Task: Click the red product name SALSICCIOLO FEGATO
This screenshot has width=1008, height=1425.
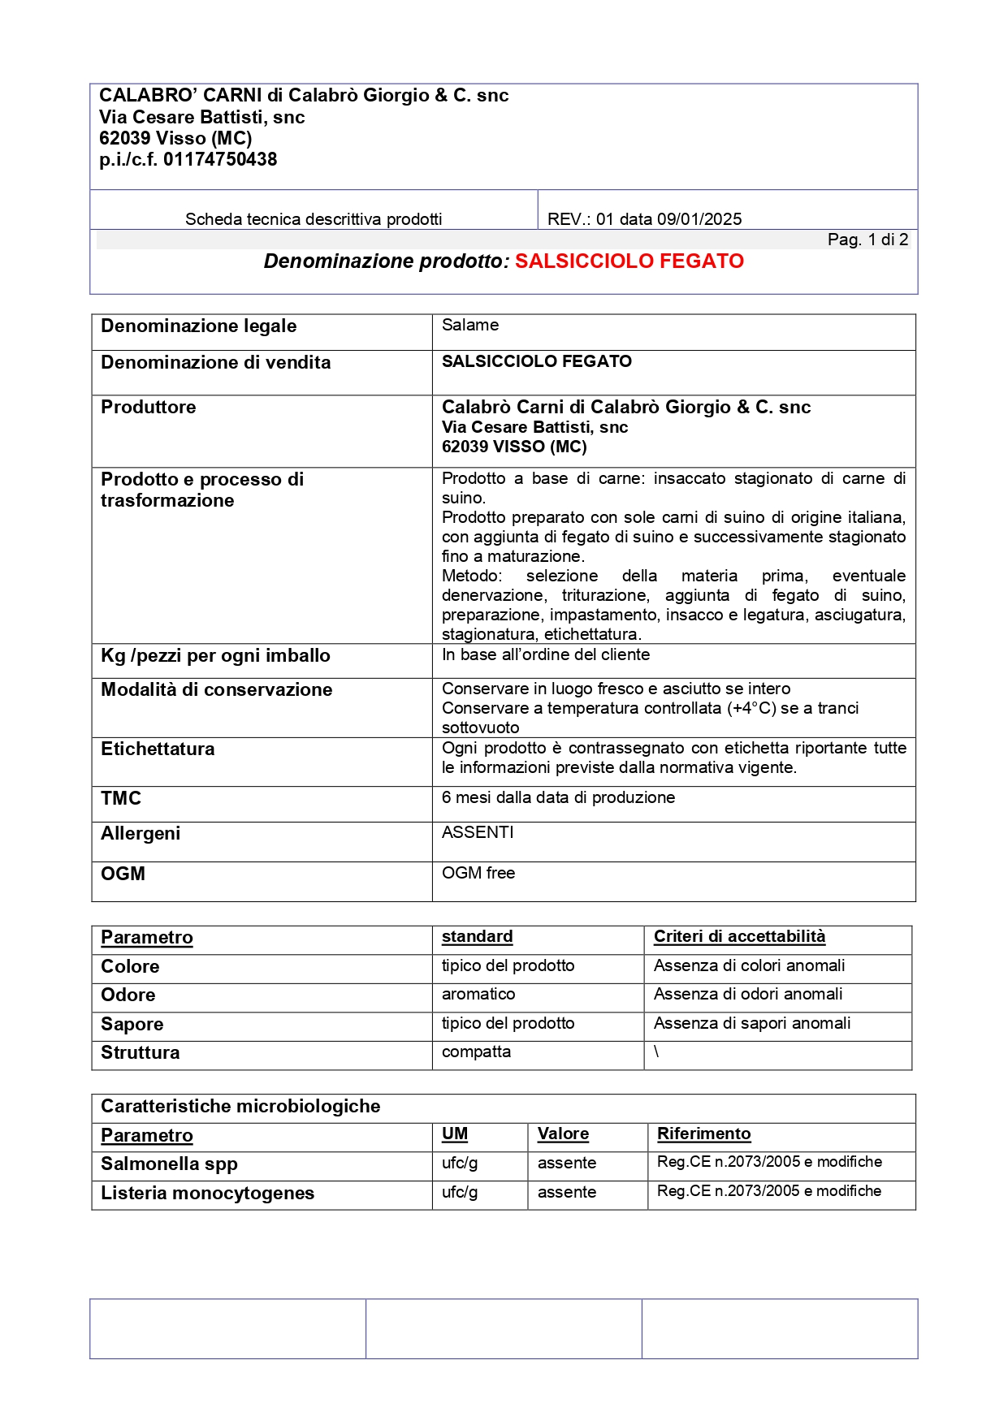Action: tap(629, 261)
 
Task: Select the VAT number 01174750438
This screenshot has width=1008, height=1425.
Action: tap(220, 160)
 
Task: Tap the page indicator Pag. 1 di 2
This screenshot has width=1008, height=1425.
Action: tap(867, 240)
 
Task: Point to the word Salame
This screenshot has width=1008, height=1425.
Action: tap(470, 326)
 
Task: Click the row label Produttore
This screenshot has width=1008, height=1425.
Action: tap(148, 408)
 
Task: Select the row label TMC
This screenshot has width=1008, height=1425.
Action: tap(121, 799)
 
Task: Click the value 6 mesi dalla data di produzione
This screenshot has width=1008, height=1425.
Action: tap(558, 798)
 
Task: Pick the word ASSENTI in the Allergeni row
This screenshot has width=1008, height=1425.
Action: tap(478, 833)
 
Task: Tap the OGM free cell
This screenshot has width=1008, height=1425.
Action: tap(478, 874)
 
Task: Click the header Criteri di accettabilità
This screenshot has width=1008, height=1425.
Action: tap(739, 937)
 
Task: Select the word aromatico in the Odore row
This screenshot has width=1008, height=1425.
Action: tap(478, 995)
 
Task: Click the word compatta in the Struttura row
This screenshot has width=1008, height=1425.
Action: tap(476, 1052)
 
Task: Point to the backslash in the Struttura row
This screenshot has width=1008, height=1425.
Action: tap(656, 1052)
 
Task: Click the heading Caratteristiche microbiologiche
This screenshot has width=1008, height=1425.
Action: tap(240, 1107)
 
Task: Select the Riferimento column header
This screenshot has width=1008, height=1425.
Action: tap(703, 1134)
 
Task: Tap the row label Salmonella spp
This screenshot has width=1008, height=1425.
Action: tap(169, 1164)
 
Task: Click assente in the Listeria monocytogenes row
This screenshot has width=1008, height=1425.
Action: tap(566, 1193)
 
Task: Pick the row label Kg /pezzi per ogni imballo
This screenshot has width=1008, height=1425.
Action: tap(215, 656)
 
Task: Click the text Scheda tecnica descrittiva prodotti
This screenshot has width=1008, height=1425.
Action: tap(314, 219)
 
